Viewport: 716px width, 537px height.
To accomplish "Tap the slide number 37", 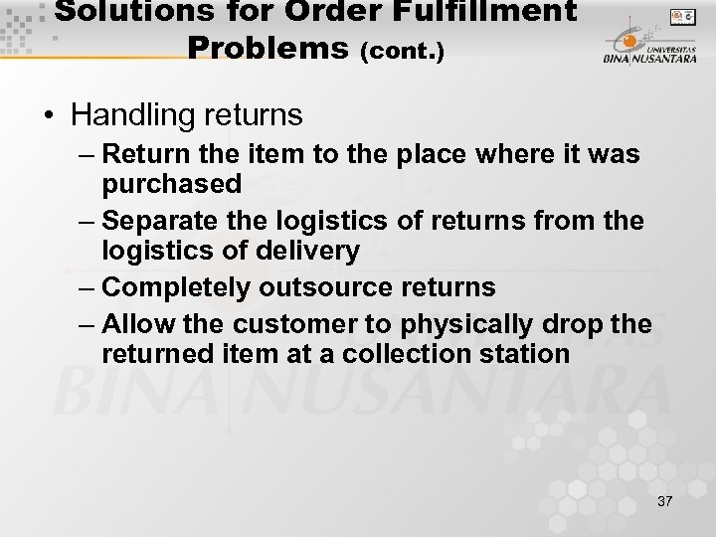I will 664,501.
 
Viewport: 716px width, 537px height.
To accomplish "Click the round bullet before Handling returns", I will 49,116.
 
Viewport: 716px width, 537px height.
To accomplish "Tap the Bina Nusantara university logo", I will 647,46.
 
